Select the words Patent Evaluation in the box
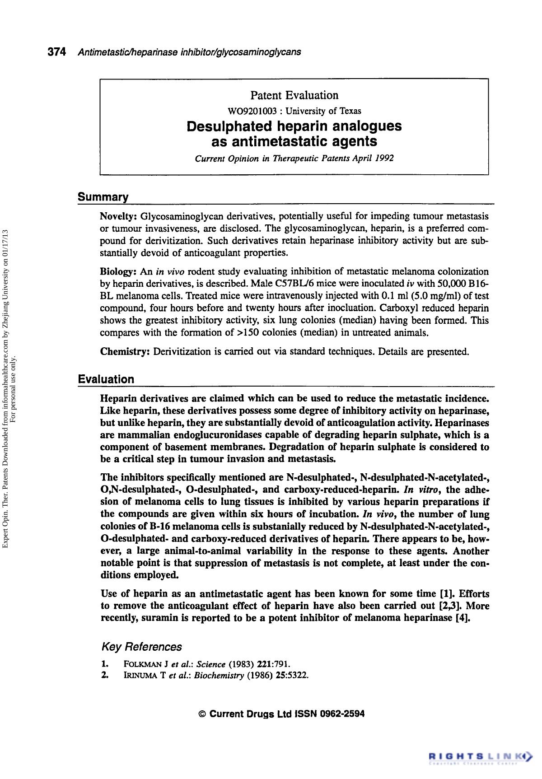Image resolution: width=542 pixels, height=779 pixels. pos(294,95)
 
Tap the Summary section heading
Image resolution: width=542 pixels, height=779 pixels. pos(103,197)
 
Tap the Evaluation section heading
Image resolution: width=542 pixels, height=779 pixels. pos(106,379)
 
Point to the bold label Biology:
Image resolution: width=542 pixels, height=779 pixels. pos(118,272)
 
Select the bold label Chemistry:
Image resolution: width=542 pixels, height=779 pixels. pos(125,351)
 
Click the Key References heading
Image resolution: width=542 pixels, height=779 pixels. pos(142,647)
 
